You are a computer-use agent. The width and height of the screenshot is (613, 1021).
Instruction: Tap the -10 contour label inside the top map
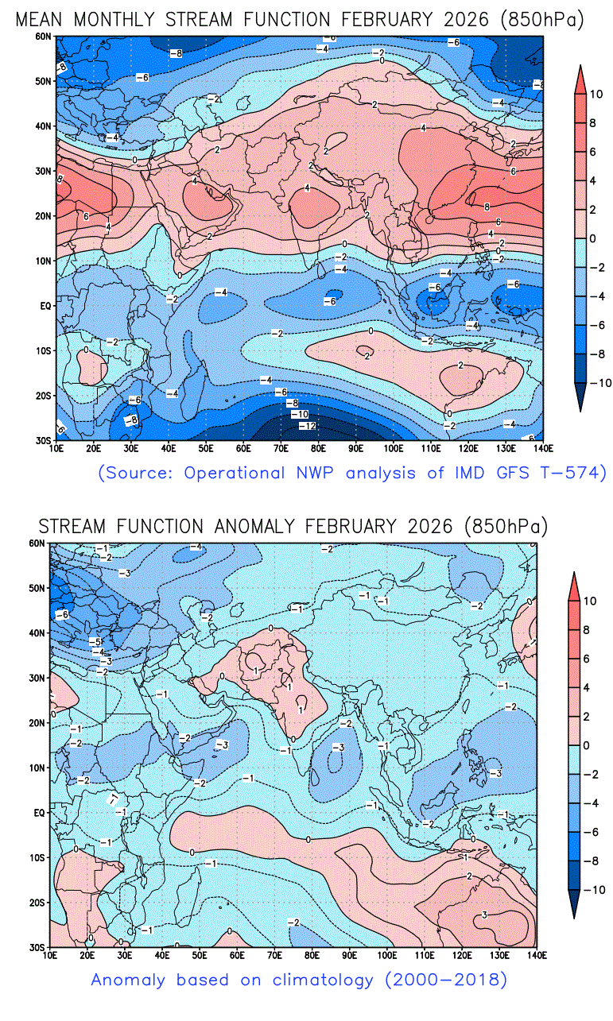(x=299, y=415)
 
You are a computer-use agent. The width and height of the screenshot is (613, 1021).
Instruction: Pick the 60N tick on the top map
(x=41, y=37)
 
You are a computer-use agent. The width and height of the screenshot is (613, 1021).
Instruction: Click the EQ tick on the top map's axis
(x=45, y=305)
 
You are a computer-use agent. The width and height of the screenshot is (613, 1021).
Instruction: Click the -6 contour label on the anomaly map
(x=61, y=614)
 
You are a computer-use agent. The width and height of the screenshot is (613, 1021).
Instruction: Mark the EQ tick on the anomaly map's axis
(x=38, y=813)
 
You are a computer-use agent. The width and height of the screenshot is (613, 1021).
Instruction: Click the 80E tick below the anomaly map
(x=312, y=954)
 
